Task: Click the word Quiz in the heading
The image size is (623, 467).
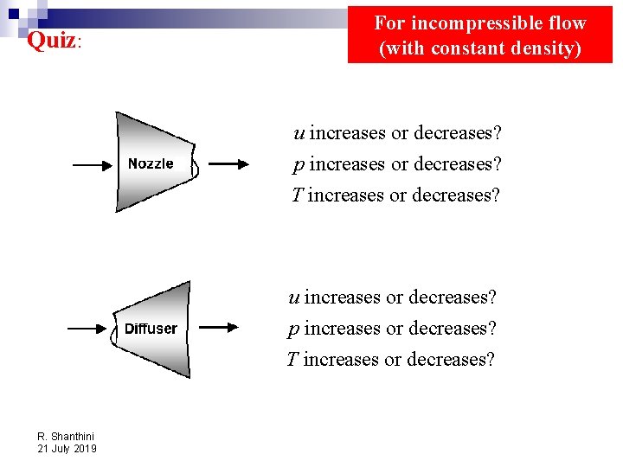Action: [x=51, y=41]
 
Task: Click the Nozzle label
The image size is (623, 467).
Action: [x=151, y=163]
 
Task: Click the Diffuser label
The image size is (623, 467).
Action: [x=151, y=329]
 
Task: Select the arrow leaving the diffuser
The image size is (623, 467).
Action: [x=220, y=327]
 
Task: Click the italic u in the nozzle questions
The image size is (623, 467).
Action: [x=299, y=133]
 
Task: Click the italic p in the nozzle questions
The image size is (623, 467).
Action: [x=299, y=165]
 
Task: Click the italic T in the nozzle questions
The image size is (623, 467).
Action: [x=297, y=195]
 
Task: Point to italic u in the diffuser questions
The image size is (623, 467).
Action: [x=294, y=297]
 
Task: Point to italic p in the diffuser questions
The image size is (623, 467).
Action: [x=293, y=329]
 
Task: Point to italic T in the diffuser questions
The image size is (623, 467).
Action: [x=292, y=359]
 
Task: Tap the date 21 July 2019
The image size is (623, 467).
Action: [x=67, y=448]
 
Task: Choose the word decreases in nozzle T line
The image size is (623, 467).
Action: [x=456, y=195]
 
